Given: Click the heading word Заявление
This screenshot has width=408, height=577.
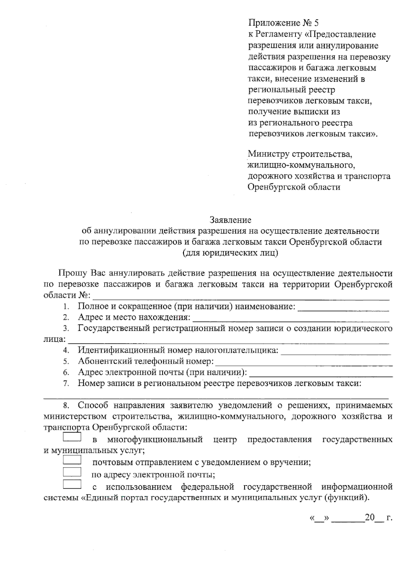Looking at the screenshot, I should pyautogui.click(x=230, y=220).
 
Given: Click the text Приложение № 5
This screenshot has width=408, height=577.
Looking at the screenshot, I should pyautogui.click(x=284, y=23).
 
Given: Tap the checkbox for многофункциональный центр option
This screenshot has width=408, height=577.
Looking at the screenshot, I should pyautogui.click(x=72, y=437).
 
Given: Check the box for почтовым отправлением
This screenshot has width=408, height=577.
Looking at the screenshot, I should pyautogui.click(x=72, y=460).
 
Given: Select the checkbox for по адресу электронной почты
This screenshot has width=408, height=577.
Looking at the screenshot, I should pyautogui.click(x=72, y=472).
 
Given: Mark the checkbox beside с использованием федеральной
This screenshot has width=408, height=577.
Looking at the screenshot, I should pyautogui.click(x=72, y=484).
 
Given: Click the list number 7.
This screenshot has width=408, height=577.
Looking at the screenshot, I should pyautogui.click(x=66, y=384).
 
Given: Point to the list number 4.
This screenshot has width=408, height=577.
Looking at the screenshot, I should pyautogui.click(x=66, y=351).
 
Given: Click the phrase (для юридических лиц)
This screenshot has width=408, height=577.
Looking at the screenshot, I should pyautogui.click(x=230, y=253).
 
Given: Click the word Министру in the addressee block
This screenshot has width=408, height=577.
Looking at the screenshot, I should pyautogui.click(x=268, y=154).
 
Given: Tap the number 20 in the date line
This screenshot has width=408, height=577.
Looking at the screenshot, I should pyautogui.click(x=369, y=518).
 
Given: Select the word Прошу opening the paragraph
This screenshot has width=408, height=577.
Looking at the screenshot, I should pyautogui.click(x=72, y=273).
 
